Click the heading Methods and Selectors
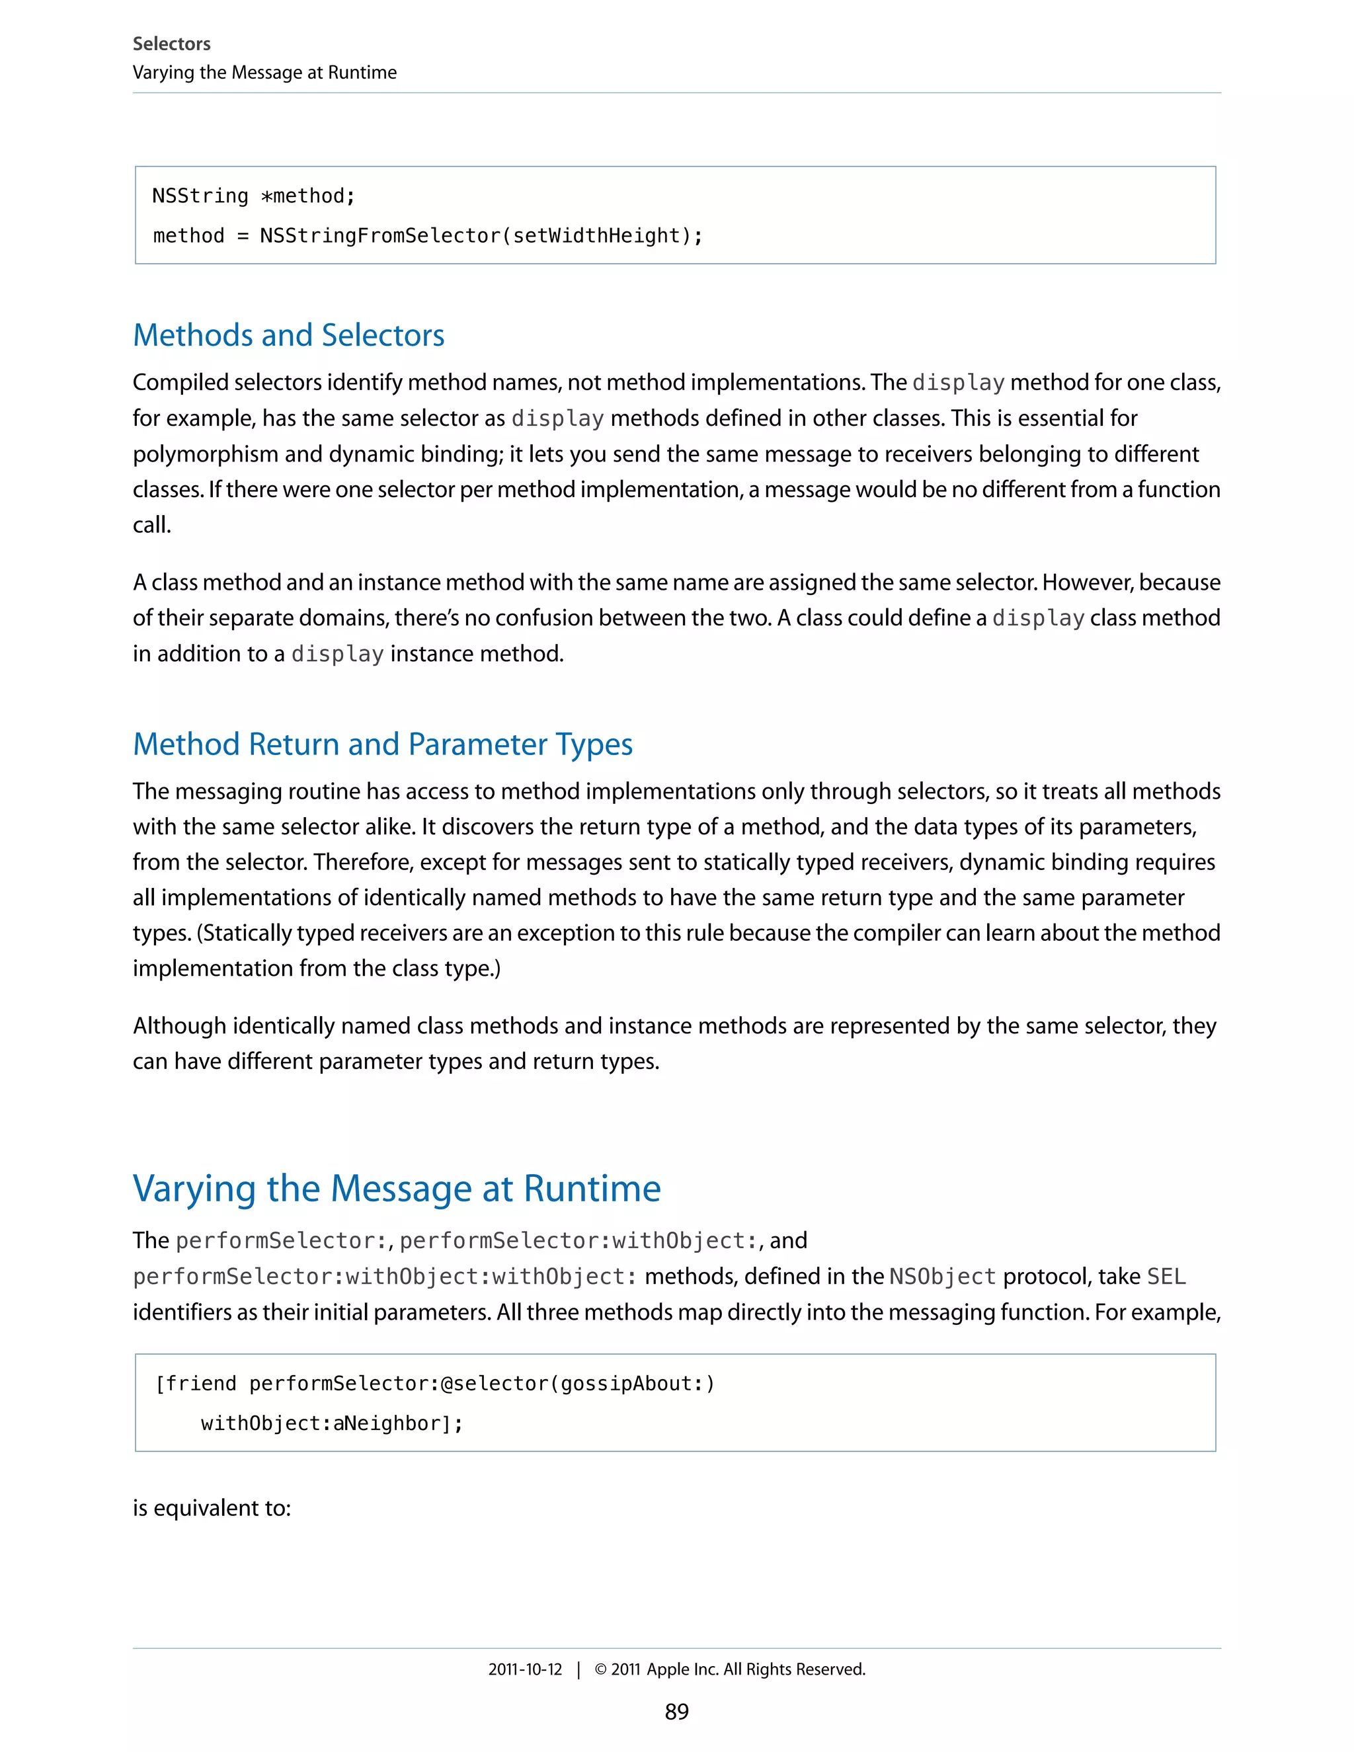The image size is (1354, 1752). point(289,335)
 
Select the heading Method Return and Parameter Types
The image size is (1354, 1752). point(383,744)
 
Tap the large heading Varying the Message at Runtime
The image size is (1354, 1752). point(396,1188)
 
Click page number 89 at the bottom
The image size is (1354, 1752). point(676,1712)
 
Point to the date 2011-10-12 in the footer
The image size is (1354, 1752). point(526,1669)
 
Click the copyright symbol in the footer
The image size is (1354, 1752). point(600,1669)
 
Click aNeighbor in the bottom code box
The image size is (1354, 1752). point(387,1424)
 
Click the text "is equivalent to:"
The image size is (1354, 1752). point(212,1508)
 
